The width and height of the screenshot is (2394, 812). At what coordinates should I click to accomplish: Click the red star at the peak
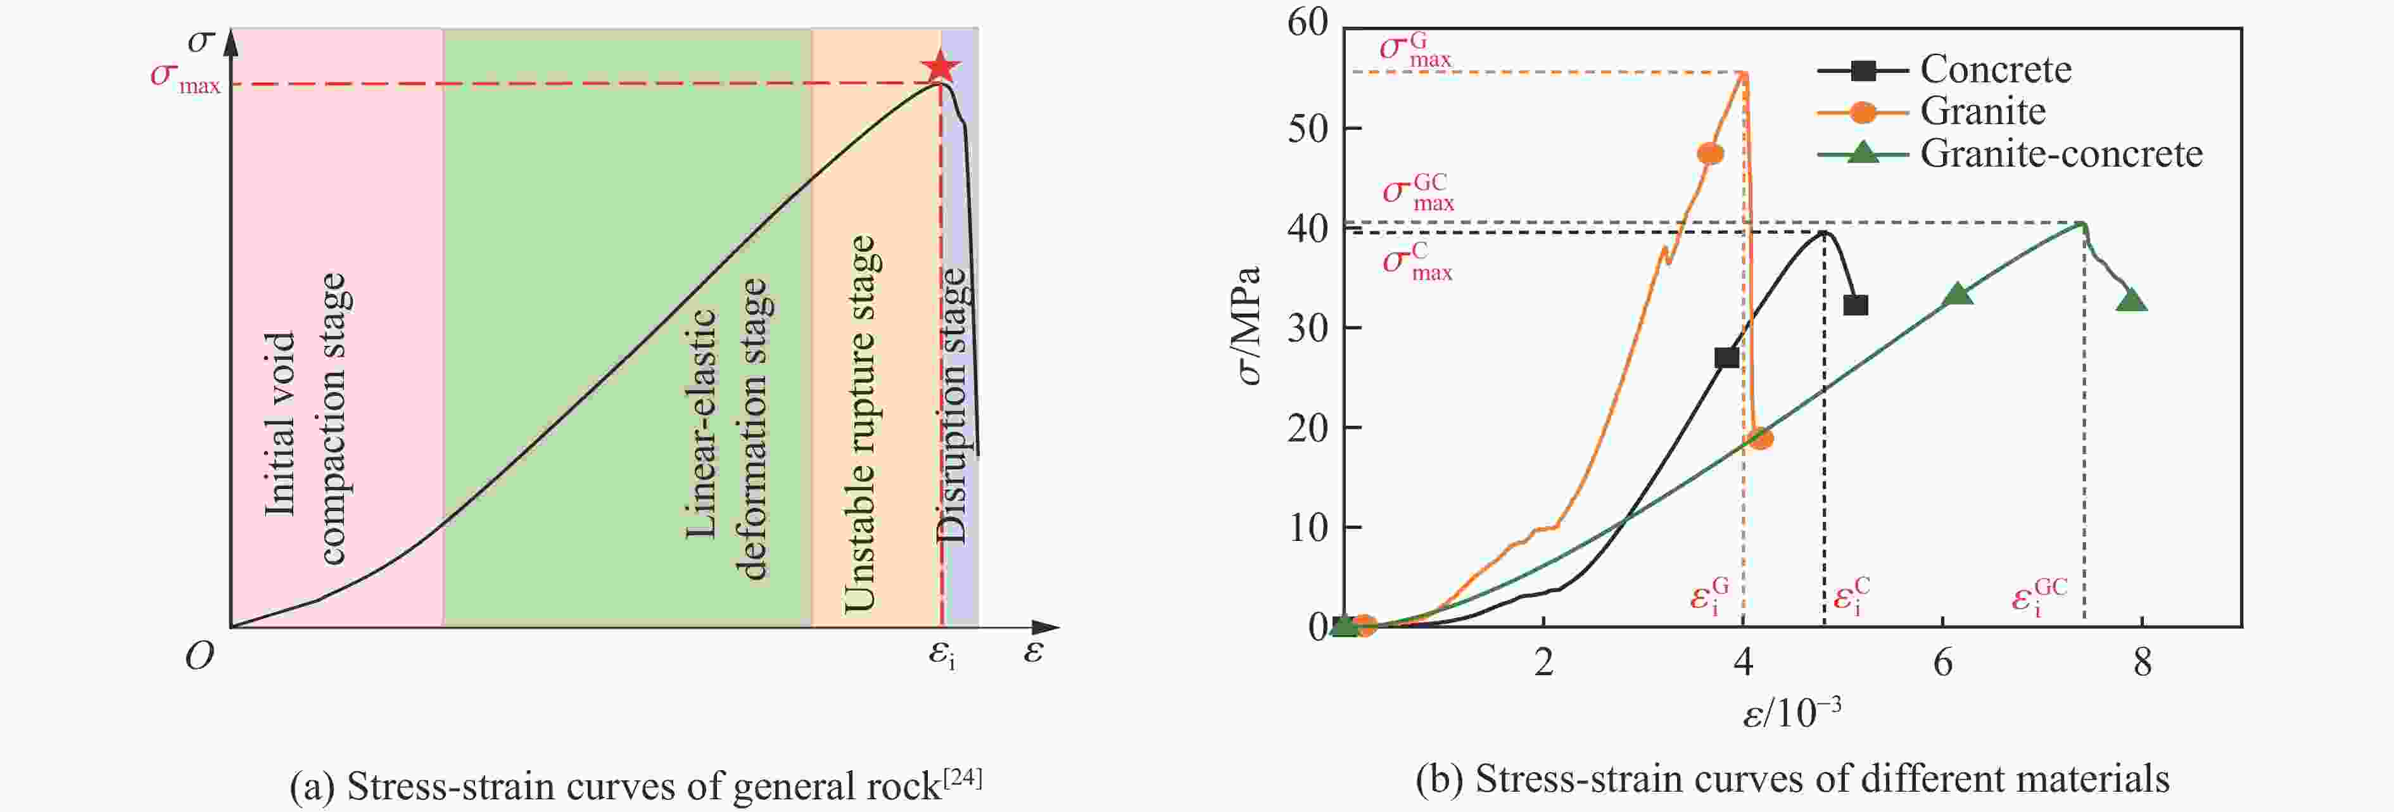point(940,67)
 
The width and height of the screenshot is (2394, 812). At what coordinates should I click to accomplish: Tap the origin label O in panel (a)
point(199,657)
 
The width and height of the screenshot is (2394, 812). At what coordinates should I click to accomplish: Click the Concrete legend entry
point(1994,69)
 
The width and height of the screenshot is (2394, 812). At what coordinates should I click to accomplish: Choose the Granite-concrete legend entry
point(2060,153)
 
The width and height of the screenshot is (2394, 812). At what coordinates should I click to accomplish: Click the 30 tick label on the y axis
point(1308,327)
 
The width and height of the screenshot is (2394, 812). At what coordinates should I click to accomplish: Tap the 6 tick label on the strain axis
point(1942,663)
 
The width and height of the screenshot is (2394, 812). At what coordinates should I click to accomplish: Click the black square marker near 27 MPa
point(1726,358)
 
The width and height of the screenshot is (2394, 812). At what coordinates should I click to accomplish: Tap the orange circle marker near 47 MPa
point(1710,153)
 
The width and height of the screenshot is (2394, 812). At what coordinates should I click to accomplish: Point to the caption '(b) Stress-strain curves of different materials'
point(1792,778)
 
